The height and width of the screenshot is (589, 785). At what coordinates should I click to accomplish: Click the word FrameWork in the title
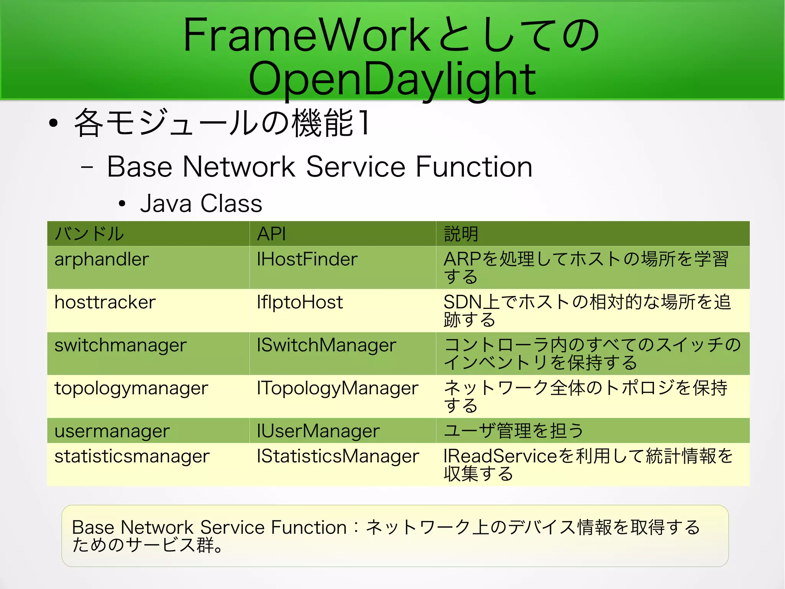click(x=307, y=35)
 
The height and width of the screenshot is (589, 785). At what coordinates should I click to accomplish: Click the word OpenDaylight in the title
click(x=392, y=79)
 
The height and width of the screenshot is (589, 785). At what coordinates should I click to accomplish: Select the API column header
click(x=271, y=234)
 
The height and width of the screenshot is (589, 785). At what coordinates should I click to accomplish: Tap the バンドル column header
click(x=89, y=234)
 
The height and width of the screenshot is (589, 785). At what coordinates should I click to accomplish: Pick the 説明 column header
click(x=461, y=234)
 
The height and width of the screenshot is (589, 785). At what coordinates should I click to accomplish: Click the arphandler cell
click(x=102, y=260)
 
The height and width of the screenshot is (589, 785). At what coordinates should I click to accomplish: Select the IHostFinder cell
click(x=307, y=259)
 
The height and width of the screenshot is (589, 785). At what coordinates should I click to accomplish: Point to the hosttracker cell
click(x=105, y=302)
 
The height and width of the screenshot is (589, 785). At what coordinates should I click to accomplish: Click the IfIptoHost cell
click(x=300, y=302)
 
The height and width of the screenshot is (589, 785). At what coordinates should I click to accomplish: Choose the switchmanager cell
click(x=120, y=345)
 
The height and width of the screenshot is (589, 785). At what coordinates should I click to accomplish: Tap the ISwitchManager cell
click(x=326, y=345)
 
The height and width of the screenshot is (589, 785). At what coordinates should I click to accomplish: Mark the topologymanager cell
click(x=131, y=388)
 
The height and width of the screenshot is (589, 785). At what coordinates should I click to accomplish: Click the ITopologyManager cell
click(x=337, y=388)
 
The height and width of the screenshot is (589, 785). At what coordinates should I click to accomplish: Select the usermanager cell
click(x=112, y=431)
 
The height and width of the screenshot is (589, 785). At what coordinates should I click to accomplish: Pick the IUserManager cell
click(x=318, y=431)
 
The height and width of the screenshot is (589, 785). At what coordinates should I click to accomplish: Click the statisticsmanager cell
click(x=132, y=457)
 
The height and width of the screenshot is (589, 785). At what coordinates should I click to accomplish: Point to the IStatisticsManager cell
click(x=338, y=457)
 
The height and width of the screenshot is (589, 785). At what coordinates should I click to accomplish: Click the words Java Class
click(x=201, y=203)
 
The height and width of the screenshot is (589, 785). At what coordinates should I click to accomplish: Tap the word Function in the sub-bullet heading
click(x=474, y=167)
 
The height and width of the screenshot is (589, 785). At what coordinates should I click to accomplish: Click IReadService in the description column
click(x=500, y=457)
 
